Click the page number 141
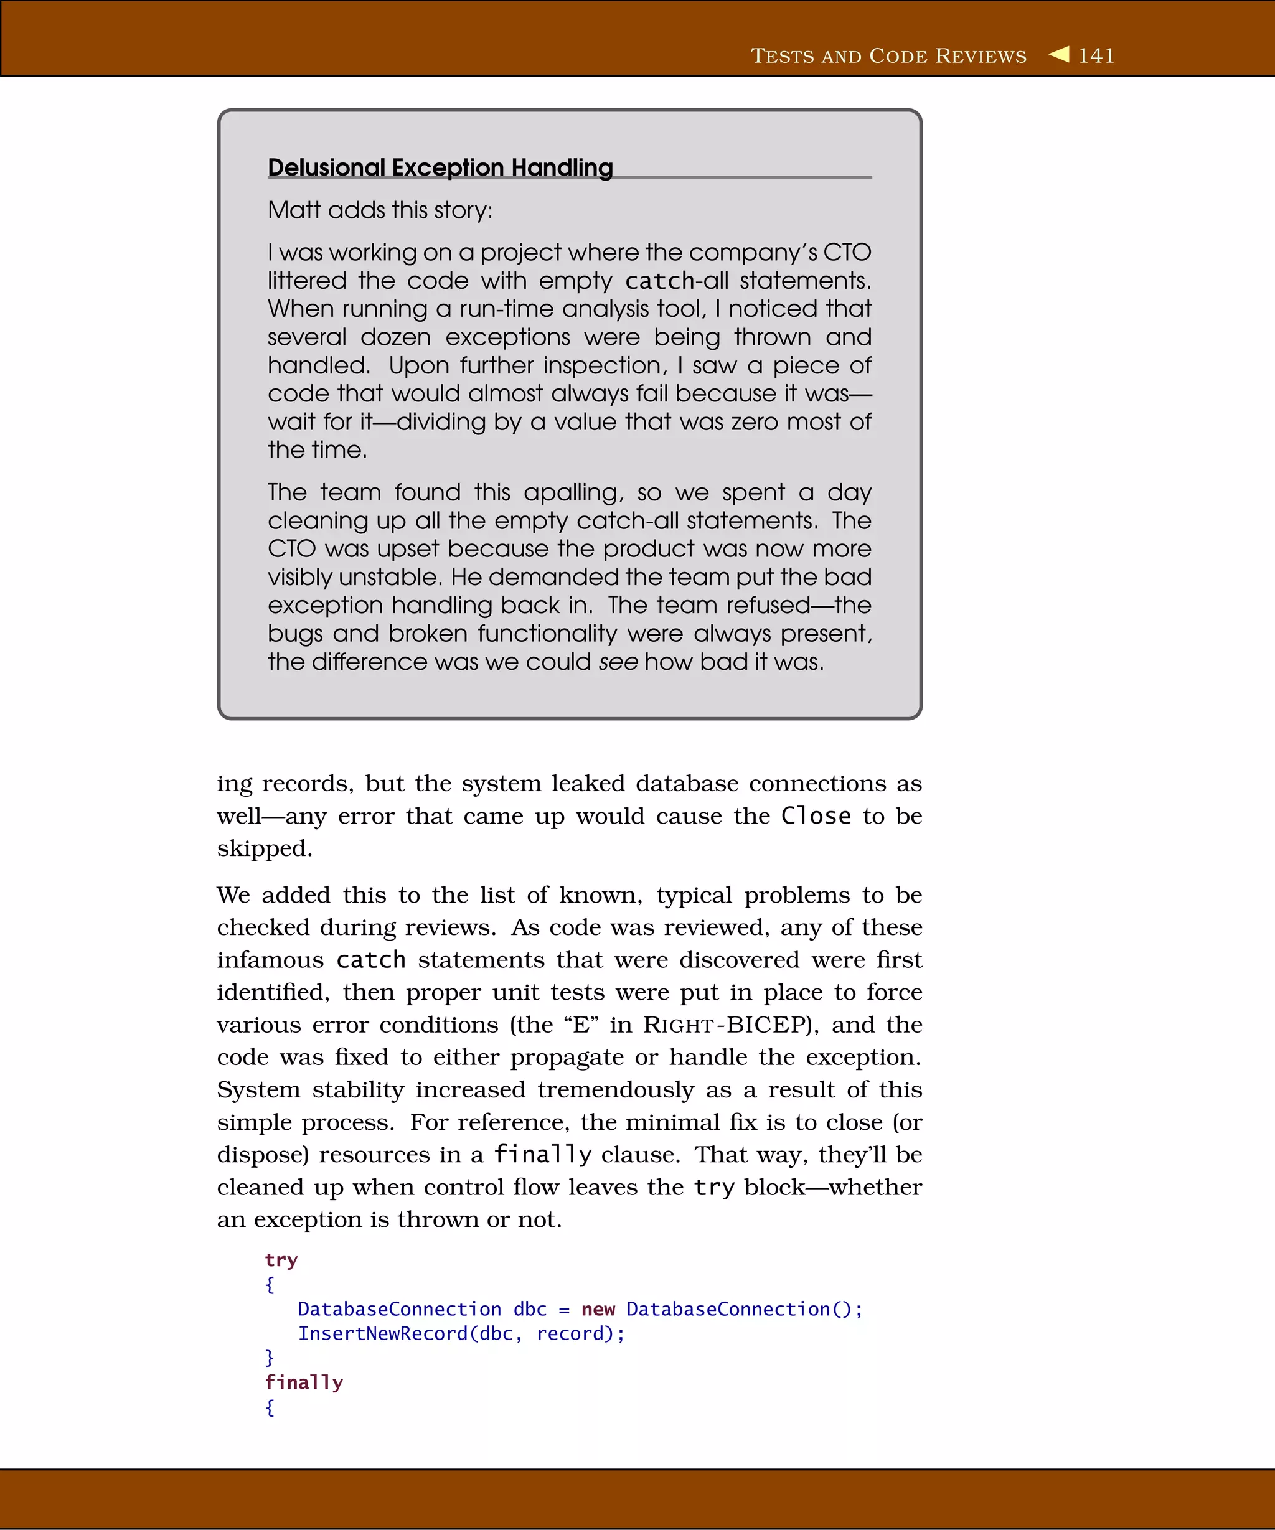pyautogui.click(x=1096, y=56)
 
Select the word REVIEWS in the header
pyautogui.click(x=981, y=56)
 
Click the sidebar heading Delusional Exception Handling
pyautogui.click(x=440, y=167)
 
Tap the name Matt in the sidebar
pyautogui.click(x=294, y=210)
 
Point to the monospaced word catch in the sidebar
pyautogui.click(x=659, y=281)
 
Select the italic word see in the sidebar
pyautogui.click(x=618, y=662)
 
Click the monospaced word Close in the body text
pyautogui.click(x=816, y=816)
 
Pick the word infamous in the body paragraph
pyautogui.click(x=270, y=960)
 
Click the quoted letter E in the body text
pyautogui.click(x=581, y=1025)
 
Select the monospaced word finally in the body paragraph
pyautogui.click(x=543, y=1155)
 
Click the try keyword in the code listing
pyautogui.click(x=281, y=1260)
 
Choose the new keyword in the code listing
pyautogui.click(x=598, y=1309)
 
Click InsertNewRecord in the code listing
pyautogui.click(x=382, y=1334)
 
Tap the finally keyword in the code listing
pyautogui.click(x=304, y=1383)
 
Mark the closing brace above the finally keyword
pyautogui.click(x=270, y=1358)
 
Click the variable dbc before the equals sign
pyautogui.click(x=530, y=1309)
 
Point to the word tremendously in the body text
pyautogui.click(x=616, y=1090)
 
